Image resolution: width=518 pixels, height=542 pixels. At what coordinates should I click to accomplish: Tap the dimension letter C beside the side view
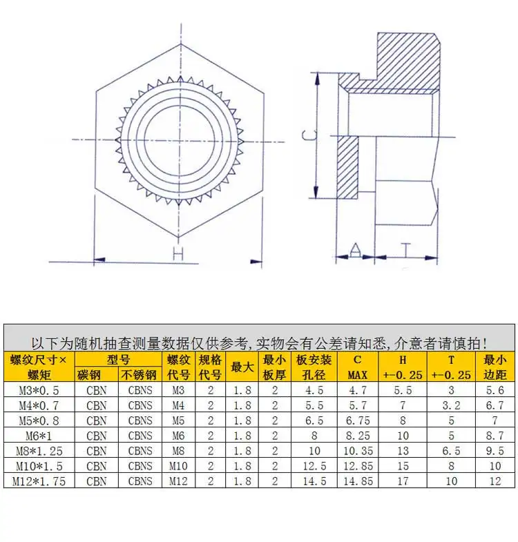click(309, 135)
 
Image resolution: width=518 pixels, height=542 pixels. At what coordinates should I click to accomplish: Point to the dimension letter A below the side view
click(355, 249)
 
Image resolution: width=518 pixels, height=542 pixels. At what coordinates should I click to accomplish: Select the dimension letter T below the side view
click(406, 250)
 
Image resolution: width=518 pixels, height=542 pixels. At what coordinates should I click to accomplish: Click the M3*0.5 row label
click(39, 390)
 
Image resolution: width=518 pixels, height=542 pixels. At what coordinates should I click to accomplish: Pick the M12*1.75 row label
click(39, 481)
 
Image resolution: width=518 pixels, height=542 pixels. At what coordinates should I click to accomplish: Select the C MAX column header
click(358, 367)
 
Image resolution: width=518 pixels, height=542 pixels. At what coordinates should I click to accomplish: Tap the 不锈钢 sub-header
click(140, 375)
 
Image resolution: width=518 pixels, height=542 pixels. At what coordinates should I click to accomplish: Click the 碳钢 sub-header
click(89, 375)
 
